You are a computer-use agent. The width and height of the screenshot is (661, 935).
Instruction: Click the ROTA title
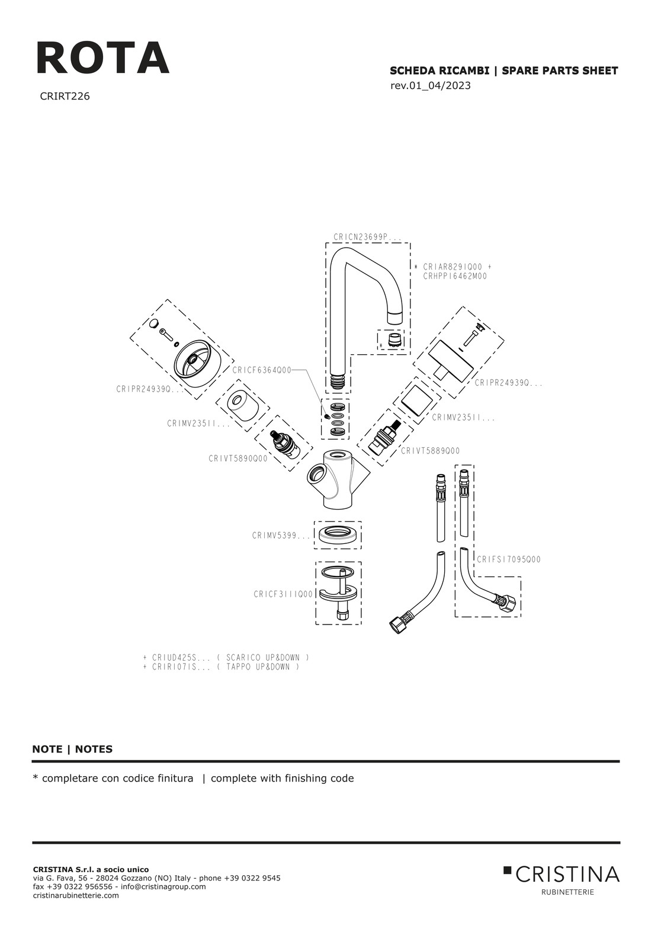pos(102,58)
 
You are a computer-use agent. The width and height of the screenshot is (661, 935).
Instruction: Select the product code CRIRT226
pos(65,97)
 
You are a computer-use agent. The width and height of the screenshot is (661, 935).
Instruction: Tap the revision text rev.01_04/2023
pos(430,85)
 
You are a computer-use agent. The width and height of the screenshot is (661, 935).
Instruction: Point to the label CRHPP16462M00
pos(455,276)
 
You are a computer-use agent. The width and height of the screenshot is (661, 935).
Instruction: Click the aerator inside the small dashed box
pos(393,340)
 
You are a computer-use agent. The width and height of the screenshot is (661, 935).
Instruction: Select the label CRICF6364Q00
pos(262,370)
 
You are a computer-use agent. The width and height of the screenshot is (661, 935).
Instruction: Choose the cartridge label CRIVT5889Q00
pos(430,451)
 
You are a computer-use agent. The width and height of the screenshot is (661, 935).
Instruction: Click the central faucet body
pos(336,479)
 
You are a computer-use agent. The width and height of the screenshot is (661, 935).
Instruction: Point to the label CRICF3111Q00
pos(283,594)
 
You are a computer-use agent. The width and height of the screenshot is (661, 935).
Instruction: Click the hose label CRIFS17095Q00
pos(508,559)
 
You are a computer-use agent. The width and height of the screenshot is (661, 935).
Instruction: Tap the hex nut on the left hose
pos(396,624)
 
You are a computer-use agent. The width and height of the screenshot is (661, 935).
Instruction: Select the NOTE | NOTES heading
pos(72,749)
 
